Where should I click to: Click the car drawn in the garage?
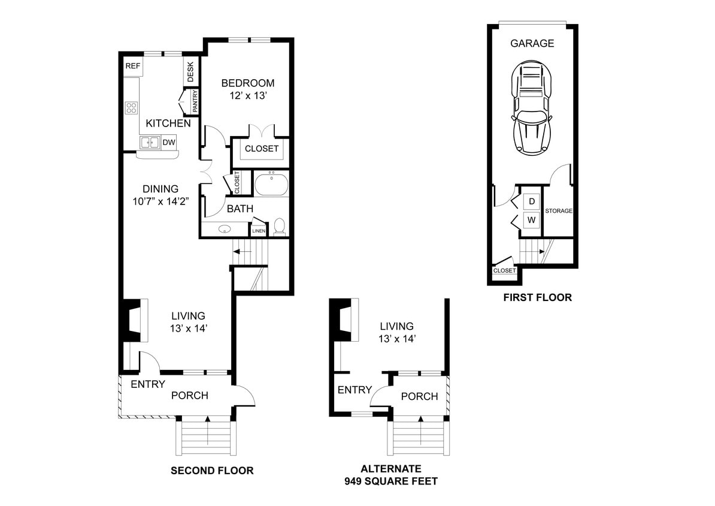(532, 110)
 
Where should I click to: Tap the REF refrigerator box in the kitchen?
(132, 67)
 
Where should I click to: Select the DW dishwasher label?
(169, 143)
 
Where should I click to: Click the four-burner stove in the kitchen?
(131, 108)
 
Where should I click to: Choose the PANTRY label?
(195, 101)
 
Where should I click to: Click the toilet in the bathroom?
(279, 226)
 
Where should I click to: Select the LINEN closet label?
(259, 231)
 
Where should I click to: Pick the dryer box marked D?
(531, 201)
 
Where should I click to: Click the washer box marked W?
(531, 219)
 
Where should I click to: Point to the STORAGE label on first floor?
(559, 211)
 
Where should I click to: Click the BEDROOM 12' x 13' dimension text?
(248, 95)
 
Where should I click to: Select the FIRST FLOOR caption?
(537, 297)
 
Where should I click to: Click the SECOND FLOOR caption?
(212, 471)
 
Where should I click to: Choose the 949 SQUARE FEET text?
(390, 481)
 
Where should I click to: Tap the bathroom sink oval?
(225, 229)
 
